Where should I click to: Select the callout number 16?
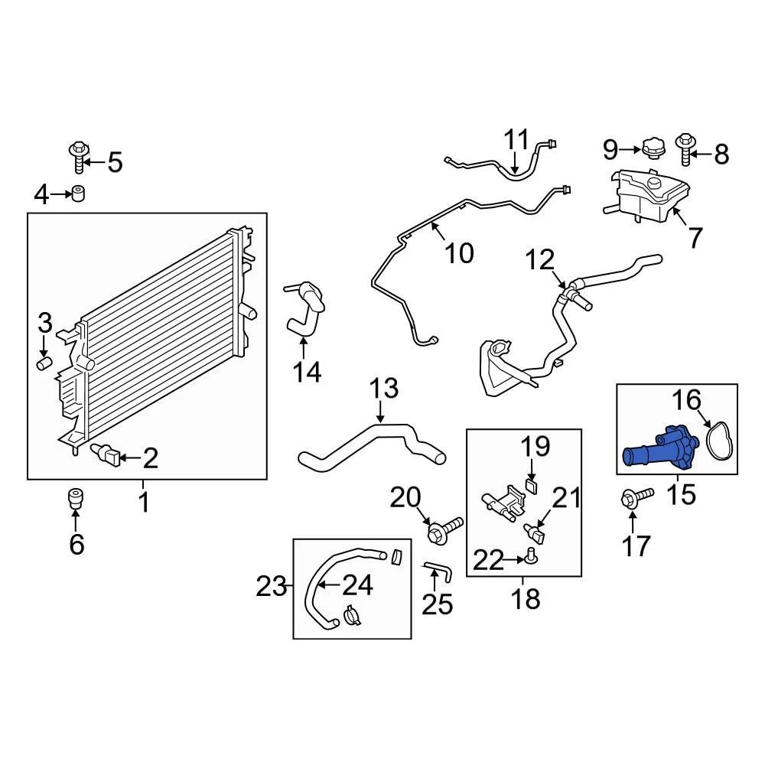[x=686, y=400]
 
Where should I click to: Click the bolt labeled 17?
[x=636, y=498]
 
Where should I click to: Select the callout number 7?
[x=695, y=238]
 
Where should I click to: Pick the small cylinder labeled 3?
[x=44, y=361]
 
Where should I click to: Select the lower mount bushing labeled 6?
[x=76, y=499]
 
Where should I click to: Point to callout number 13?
[x=384, y=389]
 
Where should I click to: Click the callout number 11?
[x=516, y=140]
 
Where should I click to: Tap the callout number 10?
[x=459, y=252]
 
